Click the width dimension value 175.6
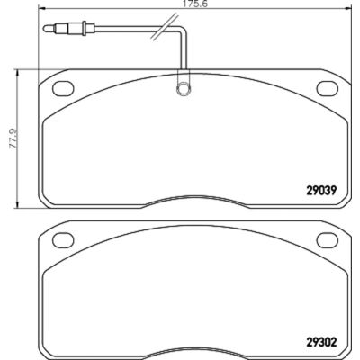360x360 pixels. tap(195, 4)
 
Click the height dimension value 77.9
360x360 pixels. tap(13, 139)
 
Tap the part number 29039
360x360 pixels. tap(322, 190)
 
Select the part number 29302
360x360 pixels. tap(322, 342)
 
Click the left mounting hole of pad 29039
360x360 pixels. tap(63, 89)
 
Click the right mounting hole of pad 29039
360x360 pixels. tap(328, 89)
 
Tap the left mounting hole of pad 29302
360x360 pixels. tap(63, 240)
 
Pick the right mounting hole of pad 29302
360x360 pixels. tap(328, 240)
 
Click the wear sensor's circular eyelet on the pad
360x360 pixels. tap(183, 89)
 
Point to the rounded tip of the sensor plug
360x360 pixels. tap(46, 29)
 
